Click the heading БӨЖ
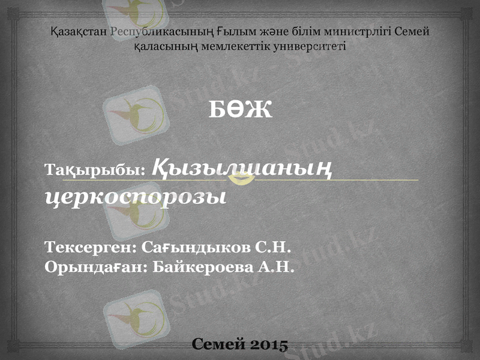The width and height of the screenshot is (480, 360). pos(240,109)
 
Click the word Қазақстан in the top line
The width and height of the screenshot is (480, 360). pos(79,32)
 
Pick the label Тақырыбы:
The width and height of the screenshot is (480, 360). pos(95,170)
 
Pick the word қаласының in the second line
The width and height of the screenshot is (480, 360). pos(167,46)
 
